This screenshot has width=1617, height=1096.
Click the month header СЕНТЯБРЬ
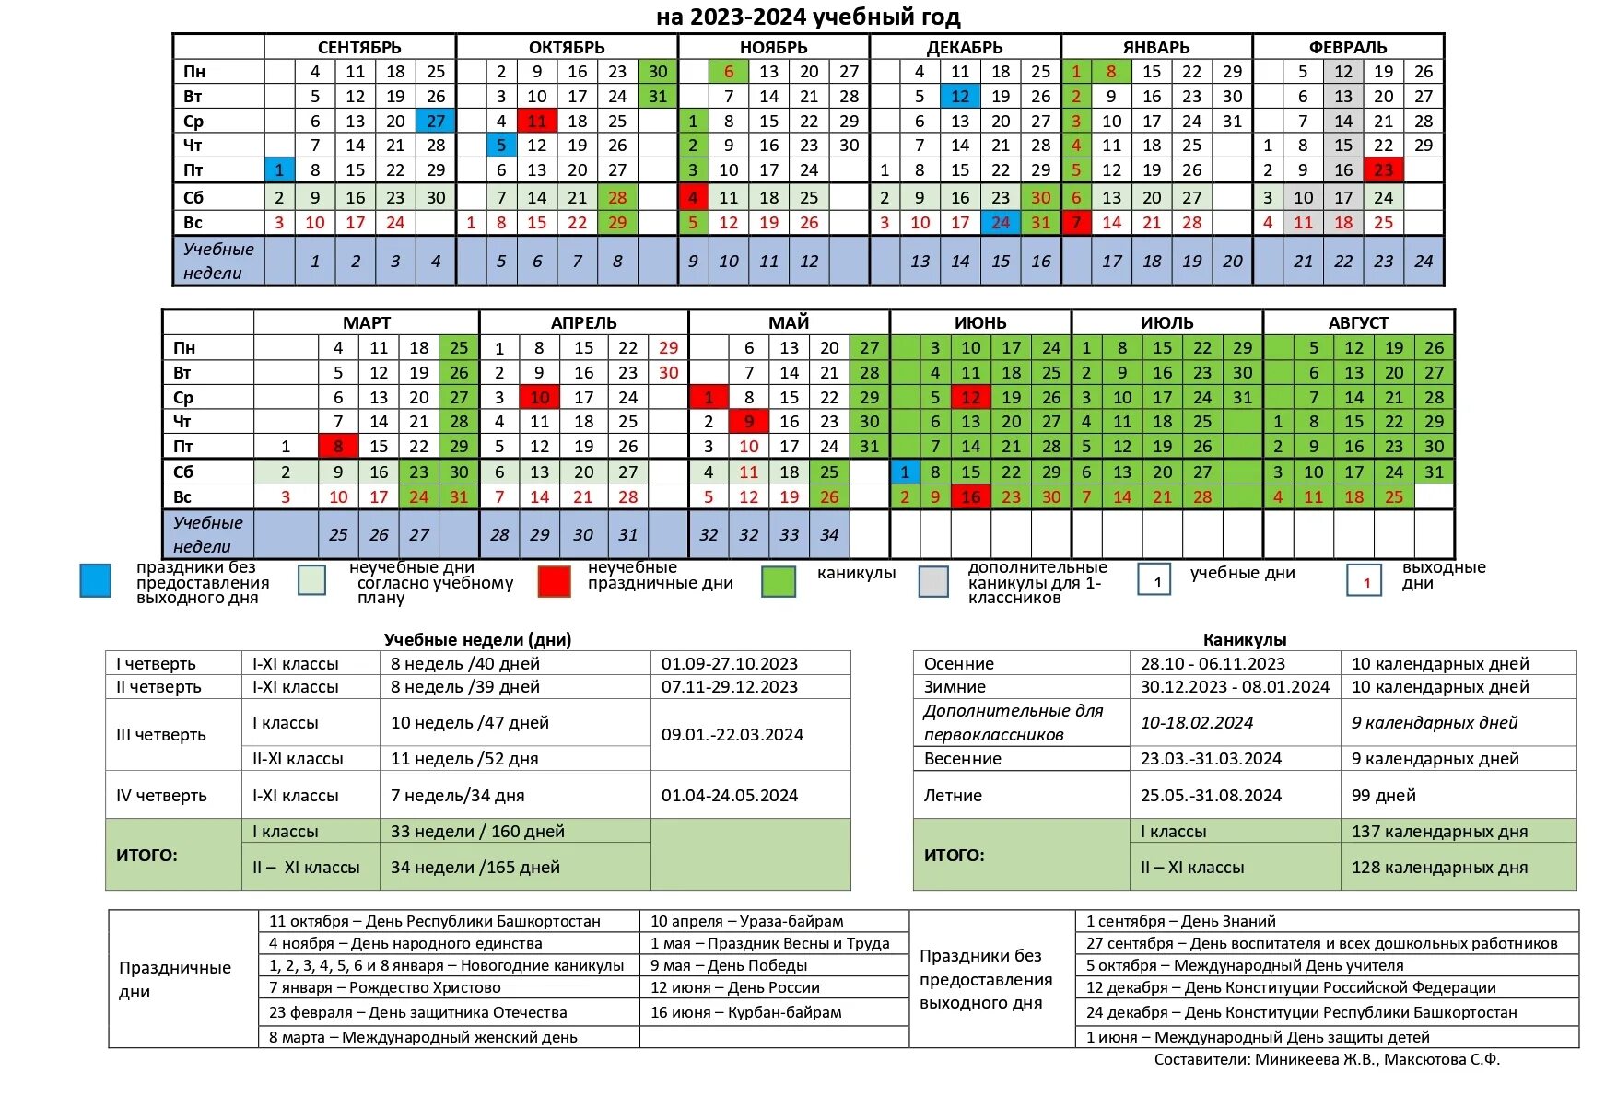[359, 47]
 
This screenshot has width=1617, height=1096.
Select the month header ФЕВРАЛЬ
[1347, 47]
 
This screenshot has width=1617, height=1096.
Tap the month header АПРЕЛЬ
[583, 322]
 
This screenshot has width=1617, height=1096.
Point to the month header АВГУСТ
[1357, 322]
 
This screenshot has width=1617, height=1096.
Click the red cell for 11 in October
[536, 121]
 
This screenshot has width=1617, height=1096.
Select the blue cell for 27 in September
[436, 121]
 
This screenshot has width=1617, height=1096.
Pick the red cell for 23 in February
[1383, 169]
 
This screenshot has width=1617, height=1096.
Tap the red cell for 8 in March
[338, 446]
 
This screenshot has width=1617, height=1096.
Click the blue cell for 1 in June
[905, 472]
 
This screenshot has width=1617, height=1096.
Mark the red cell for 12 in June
[970, 397]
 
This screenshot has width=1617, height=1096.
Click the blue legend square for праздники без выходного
[96, 581]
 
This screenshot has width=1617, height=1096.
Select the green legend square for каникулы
[779, 581]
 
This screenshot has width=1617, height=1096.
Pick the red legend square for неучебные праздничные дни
[554, 581]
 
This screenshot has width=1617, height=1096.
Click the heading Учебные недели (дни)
[477, 639]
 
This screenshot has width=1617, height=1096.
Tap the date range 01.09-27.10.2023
[729, 663]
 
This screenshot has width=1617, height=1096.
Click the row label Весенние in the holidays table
[962, 758]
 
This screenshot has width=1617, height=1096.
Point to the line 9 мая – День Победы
[728, 965]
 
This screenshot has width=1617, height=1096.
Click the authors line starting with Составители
[1326, 1059]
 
